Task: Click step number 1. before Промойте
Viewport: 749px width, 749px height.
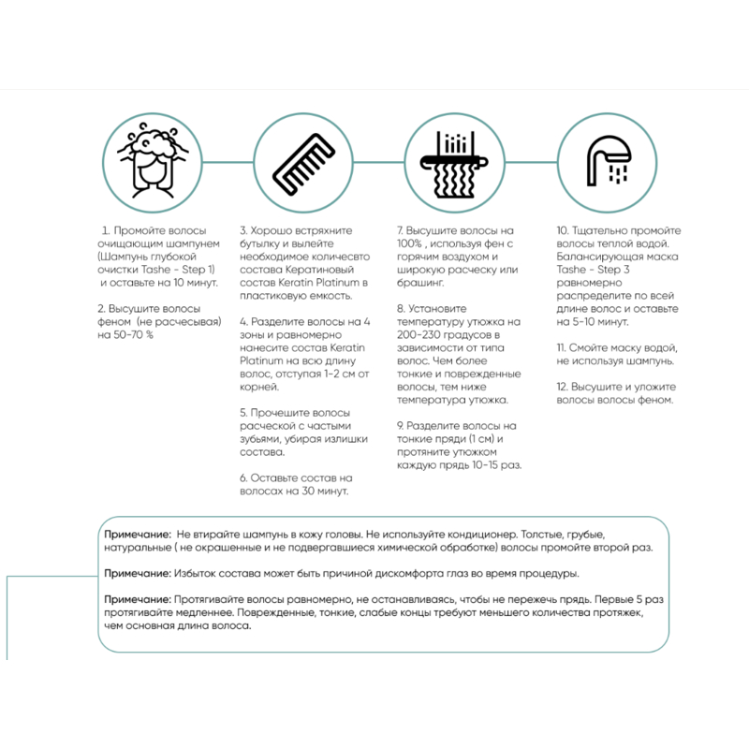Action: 106,230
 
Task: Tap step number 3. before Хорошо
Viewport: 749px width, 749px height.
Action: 243,230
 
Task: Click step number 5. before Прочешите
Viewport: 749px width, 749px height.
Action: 243,412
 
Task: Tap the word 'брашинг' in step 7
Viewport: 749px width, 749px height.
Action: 420,282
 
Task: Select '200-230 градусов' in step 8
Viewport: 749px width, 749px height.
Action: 443,334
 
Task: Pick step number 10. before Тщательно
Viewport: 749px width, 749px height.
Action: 564,230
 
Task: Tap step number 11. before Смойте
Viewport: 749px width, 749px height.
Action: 562,347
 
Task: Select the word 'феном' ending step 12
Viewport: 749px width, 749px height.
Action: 655,399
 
